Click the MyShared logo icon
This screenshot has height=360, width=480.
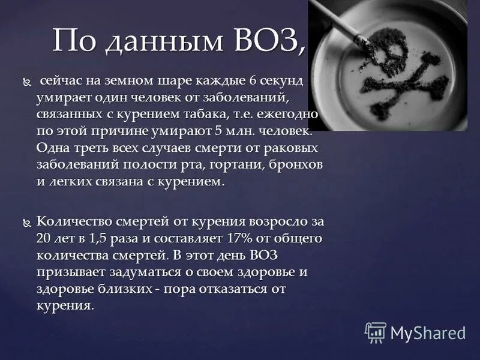point(375,332)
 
